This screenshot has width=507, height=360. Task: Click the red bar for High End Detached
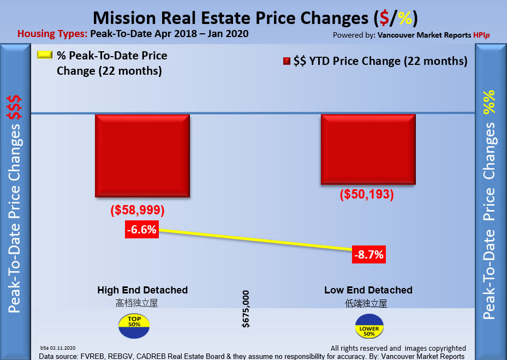(x=142, y=155)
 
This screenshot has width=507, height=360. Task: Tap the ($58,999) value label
(x=138, y=210)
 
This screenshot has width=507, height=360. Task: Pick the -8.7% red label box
(x=368, y=254)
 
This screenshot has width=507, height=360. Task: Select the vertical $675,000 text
(x=246, y=309)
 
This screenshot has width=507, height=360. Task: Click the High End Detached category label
(x=142, y=290)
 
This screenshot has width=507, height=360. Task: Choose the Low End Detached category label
(x=368, y=290)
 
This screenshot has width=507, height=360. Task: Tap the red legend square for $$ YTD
(x=287, y=61)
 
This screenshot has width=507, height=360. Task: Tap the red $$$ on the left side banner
(x=14, y=107)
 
